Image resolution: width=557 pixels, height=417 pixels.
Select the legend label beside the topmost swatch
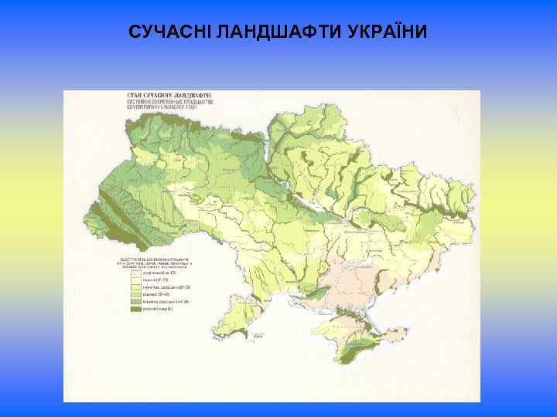(159, 272)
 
